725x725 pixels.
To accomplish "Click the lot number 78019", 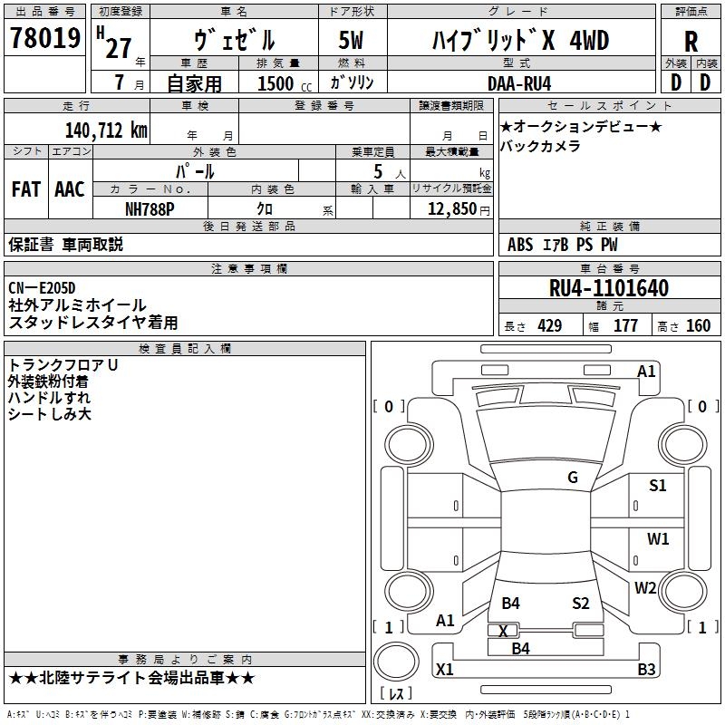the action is tap(44, 38).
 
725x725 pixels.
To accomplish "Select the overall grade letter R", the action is tap(691, 42).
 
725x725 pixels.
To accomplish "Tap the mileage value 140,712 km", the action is tap(106, 130).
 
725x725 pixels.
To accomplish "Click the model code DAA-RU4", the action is tap(519, 83).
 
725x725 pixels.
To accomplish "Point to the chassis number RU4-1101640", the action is tap(609, 288).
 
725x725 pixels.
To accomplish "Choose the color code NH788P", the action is tap(150, 209).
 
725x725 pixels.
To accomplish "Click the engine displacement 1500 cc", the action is tap(285, 83).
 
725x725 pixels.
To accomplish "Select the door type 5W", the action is tap(351, 40).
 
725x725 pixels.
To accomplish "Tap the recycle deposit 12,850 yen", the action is tap(459, 209).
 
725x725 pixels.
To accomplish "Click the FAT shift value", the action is tap(26, 189).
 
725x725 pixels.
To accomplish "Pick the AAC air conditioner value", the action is tap(70, 189).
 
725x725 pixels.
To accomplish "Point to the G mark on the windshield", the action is tap(573, 478).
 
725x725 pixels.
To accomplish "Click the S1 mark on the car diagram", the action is tap(658, 485).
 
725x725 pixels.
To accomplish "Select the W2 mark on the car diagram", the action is tap(645, 587).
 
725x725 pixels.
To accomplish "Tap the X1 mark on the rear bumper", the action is tap(445, 669).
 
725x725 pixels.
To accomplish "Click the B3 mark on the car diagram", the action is tap(646, 669).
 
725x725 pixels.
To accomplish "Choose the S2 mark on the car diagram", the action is tap(581, 603).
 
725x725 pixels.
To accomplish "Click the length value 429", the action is tap(550, 325).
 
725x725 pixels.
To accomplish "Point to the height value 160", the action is tap(698, 325).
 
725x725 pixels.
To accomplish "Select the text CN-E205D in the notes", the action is tap(42, 288).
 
